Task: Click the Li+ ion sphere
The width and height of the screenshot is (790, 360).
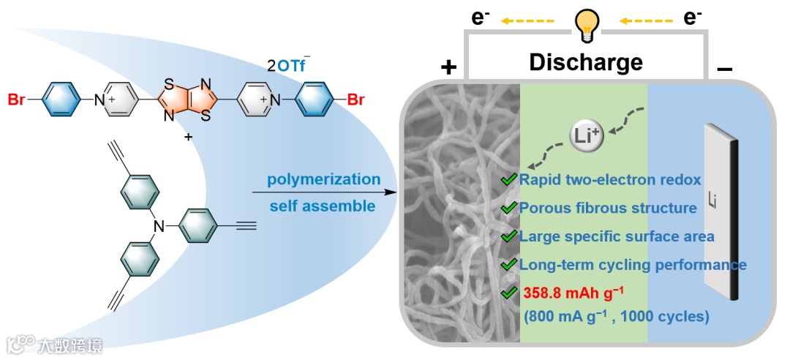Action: pyautogui.click(x=586, y=135)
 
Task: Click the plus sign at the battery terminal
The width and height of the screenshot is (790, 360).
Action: pyautogui.click(x=448, y=68)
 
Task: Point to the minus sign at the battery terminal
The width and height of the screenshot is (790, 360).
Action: pyautogui.click(x=725, y=69)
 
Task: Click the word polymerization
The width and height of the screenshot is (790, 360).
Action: pyautogui.click(x=323, y=179)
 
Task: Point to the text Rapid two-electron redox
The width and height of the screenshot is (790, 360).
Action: pyautogui.click(x=610, y=180)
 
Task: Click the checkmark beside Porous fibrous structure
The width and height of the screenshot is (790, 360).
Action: pyautogui.click(x=508, y=209)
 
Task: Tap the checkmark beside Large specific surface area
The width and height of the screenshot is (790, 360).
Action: pyautogui.click(x=508, y=236)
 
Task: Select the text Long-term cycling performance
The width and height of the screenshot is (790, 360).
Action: pyautogui.click(x=633, y=264)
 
